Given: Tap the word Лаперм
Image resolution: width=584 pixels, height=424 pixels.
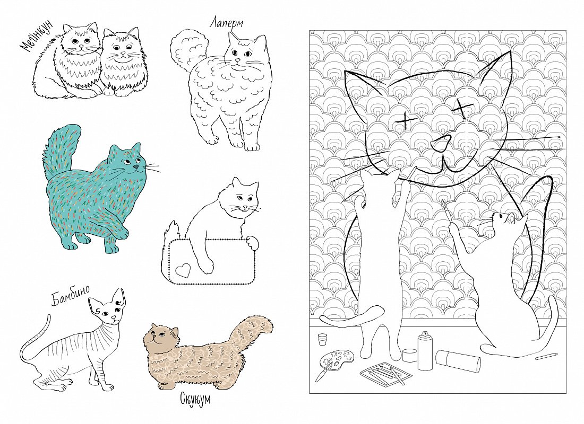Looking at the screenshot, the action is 226,24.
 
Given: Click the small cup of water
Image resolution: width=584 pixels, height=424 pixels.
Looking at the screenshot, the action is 323,339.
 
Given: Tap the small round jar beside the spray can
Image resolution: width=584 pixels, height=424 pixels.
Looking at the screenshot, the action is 410,354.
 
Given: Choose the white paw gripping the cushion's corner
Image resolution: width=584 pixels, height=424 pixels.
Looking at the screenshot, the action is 253,242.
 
